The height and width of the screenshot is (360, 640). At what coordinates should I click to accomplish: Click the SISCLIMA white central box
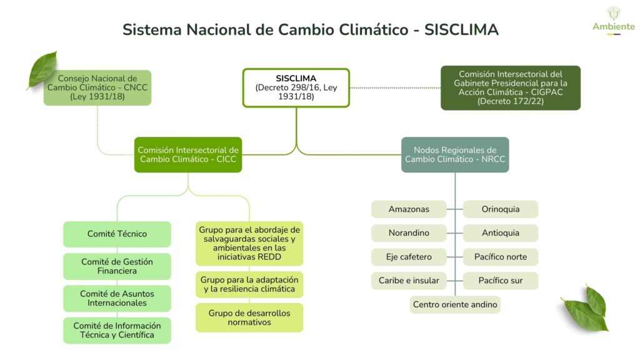pos(296,87)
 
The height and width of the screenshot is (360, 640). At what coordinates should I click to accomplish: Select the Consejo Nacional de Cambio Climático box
pos(97,87)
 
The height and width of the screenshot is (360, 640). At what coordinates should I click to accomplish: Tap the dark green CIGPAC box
pos(510,87)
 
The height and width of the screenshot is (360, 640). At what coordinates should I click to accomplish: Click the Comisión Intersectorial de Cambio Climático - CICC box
pos(188,154)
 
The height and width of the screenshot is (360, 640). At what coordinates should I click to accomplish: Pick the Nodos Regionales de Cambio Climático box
pos(455,154)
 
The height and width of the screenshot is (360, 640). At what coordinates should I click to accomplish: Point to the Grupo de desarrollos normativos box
pos(249,317)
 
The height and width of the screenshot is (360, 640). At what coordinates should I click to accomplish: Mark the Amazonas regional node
pos(409,209)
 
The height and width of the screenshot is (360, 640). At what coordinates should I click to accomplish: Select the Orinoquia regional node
pos(501,209)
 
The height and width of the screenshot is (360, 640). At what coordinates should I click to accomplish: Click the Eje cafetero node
pos(409,257)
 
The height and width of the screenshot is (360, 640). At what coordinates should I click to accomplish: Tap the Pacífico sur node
pos(501,281)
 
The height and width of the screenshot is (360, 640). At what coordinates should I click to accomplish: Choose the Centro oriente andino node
pos(455,304)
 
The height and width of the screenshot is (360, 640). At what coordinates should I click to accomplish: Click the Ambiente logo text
pos(613,26)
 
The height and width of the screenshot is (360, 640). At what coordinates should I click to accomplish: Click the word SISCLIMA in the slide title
pos(461,30)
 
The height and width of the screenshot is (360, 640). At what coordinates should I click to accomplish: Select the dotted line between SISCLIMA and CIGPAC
pos(395,87)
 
